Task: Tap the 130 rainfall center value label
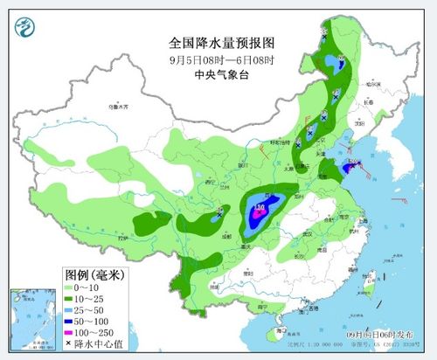pyautogui.click(x=260, y=208)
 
